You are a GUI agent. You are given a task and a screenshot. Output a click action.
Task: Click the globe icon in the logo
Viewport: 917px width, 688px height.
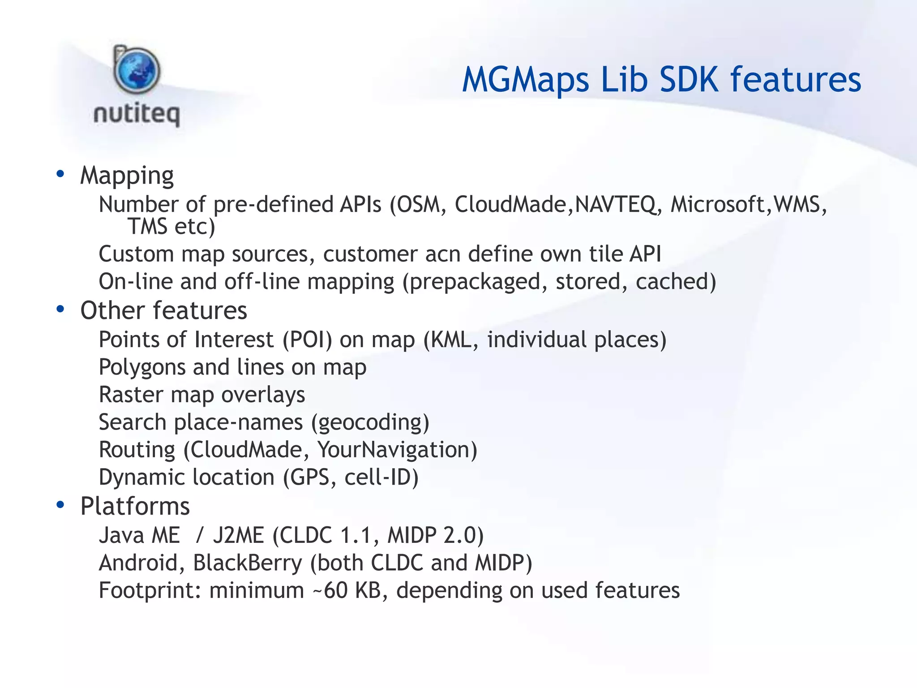pyautogui.click(x=137, y=71)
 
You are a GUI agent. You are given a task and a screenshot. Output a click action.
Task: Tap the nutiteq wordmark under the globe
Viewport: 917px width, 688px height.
pyautogui.click(x=137, y=114)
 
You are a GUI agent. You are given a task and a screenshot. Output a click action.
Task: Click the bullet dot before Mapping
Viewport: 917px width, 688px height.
pyautogui.click(x=60, y=174)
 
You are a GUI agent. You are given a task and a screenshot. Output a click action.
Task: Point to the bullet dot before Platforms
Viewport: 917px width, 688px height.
pyautogui.click(x=60, y=505)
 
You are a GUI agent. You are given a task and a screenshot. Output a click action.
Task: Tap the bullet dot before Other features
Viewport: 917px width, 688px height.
pyautogui.click(x=60, y=309)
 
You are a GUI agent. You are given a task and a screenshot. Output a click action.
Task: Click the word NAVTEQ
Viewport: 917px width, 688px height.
pyautogui.click(x=616, y=205)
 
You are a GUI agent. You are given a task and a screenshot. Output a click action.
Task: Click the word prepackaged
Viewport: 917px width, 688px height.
pyautogui.click(x=475, y=282)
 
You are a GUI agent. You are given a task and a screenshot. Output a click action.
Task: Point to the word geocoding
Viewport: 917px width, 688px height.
pyautogui.click(x=370, y=423)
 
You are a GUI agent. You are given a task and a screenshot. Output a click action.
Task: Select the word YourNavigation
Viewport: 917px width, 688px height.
pyautogui.click(x=394, y=450)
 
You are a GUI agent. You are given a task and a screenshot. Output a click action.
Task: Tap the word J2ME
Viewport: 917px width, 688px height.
pyautogui.click(x=238, y=536)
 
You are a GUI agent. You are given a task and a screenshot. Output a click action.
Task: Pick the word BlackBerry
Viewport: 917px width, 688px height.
pyautogui.click(x=248, y=563)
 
